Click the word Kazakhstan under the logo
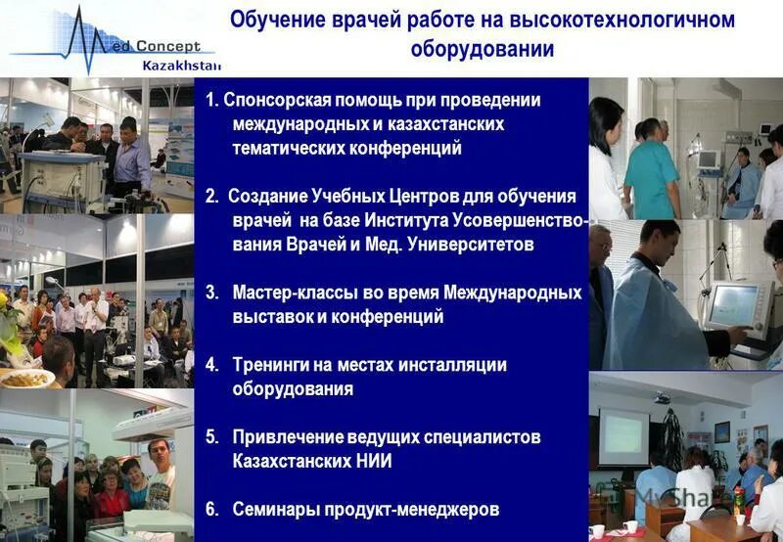click(x=182, y=66)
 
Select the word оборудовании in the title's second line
click(x=482, y=49)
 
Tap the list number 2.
click(x=211, y=197)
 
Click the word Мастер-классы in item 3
click(x=287, y=293)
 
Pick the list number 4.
click(x=211, y=364)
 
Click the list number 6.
click(x=211, y=509)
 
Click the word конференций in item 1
click(x=404, y=149)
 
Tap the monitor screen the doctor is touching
click(x=734, y=306)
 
